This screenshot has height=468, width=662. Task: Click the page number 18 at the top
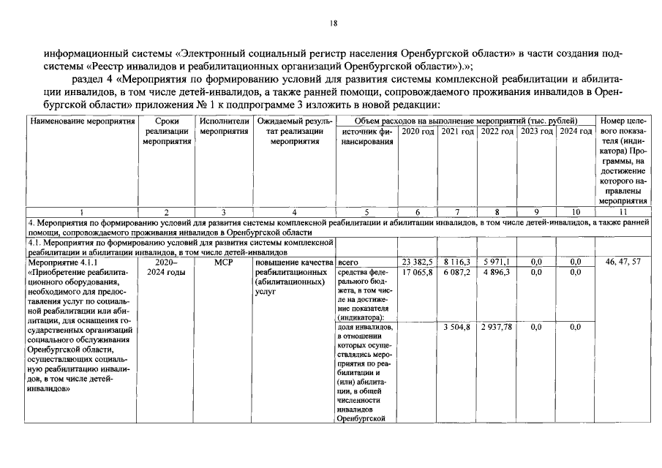coord(333,24)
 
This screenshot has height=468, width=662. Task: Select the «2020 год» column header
coord(418,131)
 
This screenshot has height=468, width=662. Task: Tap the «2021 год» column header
coord(457,131)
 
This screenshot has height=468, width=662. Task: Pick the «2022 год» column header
coord(497,131)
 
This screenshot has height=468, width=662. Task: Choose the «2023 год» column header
coord(535,131)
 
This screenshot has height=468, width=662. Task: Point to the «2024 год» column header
coord(575,131)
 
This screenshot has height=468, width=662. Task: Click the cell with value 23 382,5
coord(418,262)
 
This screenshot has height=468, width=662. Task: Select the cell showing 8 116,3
coord(457,262)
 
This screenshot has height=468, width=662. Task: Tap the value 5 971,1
coord(497,262)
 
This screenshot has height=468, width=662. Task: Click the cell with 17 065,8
coord(418,272)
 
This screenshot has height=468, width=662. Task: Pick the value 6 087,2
coord(457,272)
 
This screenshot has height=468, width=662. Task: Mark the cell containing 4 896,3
coord(497,272)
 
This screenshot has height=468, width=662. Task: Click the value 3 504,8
coord(457,327)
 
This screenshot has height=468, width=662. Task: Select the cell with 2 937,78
coord(497,327)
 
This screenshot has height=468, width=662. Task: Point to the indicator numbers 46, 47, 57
coord(623,262)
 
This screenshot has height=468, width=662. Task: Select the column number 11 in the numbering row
coord(623,212)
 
